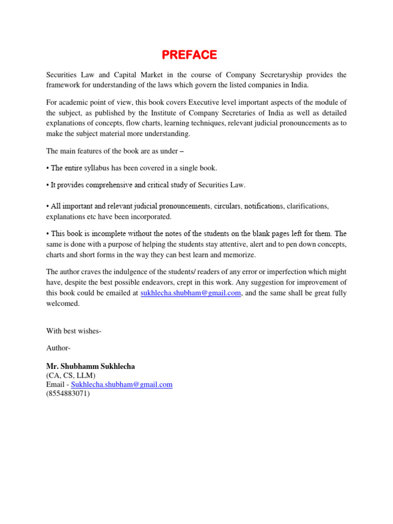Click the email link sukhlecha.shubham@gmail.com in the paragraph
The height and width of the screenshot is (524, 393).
190,293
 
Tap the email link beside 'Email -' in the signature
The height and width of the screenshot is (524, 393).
122,384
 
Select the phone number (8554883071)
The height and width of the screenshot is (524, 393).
68,394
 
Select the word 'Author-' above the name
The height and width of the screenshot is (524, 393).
58,348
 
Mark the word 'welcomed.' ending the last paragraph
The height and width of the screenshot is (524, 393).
63,303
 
